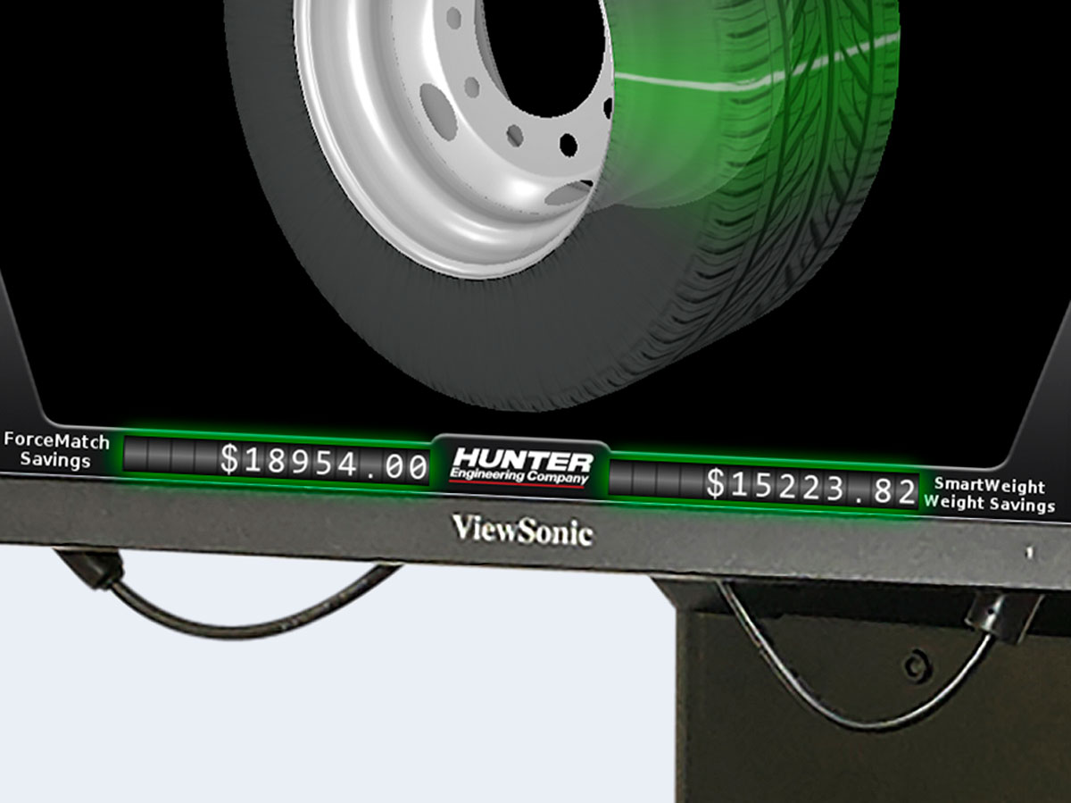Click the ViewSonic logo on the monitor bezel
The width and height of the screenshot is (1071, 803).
click(522, 530)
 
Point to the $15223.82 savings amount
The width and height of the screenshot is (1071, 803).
click(810, 486)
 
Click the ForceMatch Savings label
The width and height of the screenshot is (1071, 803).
click(56, 450)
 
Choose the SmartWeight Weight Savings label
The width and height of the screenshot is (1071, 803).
click(989, 495)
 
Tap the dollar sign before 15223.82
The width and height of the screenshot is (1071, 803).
click(716, 483)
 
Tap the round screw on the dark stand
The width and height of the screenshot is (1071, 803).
click(912, 665)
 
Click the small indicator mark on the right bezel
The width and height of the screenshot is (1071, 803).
click(1029, 553)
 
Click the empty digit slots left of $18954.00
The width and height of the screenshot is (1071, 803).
click(170, 455)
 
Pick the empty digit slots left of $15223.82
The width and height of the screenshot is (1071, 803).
click(654, 478)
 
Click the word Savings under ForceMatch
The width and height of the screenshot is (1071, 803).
click(55, 460)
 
